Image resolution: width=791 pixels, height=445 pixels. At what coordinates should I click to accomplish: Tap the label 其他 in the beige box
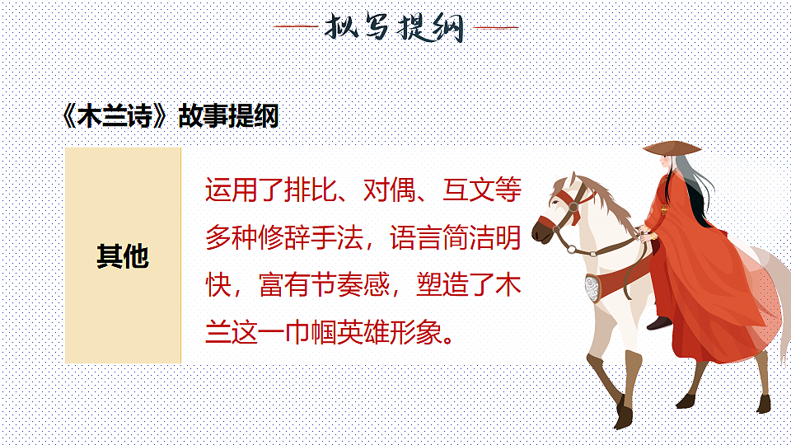123,256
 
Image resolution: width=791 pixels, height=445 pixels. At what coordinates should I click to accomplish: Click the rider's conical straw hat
672,148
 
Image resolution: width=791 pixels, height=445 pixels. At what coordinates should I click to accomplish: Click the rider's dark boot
659,323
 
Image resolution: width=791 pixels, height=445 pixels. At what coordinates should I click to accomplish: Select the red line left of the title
295,27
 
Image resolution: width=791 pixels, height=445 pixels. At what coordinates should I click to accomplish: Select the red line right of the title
496,27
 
